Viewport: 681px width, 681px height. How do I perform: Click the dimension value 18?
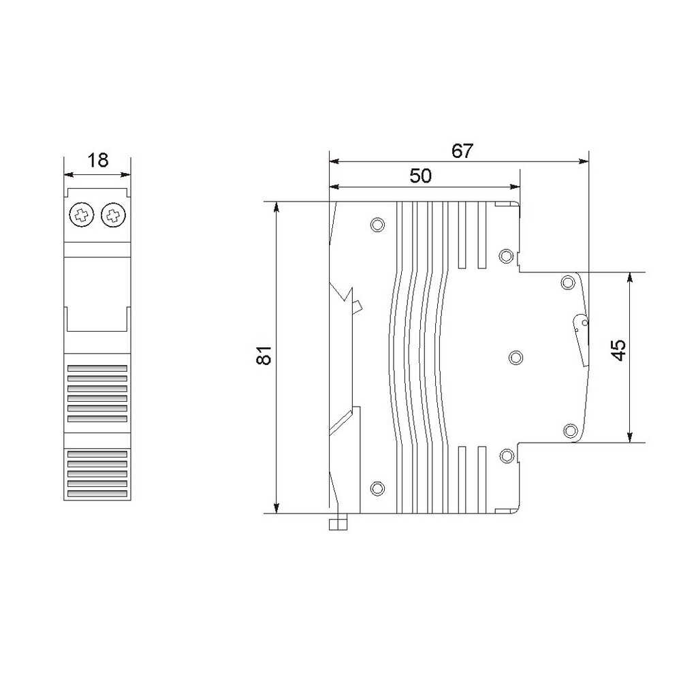(x=97, y=160)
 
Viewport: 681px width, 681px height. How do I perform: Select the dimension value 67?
(x=462, y=151)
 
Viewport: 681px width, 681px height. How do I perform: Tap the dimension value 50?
(x=420, y=176)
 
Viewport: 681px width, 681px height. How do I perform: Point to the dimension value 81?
(x=264, y=355)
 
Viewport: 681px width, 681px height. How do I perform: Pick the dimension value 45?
(x=618, y=349)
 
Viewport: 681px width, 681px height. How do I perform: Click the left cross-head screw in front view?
(x=81, y=215)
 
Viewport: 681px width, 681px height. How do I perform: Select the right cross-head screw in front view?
(x=113, y=215)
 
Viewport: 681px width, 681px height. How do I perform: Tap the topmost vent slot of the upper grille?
(x=97, y=368)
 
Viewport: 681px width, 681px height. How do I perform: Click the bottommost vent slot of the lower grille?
(x=97, y=494)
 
